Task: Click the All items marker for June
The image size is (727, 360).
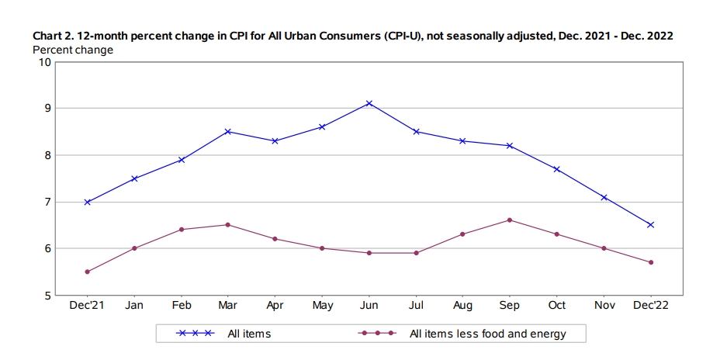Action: coord(369,103)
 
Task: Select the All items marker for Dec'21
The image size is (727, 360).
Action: coord(87,202)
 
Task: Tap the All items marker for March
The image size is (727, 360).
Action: coord(227,132)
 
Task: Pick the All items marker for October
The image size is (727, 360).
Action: coord(557,169)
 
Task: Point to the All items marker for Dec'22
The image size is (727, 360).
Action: coord(650,225)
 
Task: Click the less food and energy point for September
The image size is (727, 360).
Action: coord(510,220)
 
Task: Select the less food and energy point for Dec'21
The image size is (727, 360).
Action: coord(87,272)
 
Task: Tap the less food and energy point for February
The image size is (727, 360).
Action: coord(182,230)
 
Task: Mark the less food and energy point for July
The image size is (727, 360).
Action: coord(416,253)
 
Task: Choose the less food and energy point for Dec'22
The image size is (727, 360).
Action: coord(650,262)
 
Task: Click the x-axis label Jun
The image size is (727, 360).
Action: coord(369,305)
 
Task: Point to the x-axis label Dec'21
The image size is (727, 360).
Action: coord(87,305)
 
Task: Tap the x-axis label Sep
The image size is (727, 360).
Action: coord(510,305)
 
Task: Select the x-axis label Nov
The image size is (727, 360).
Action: coord(604,305)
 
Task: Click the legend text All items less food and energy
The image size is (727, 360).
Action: coord(488,334)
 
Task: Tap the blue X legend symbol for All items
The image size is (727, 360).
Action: coord(196,333)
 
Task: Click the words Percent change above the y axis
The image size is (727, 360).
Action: coord(73,50)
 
